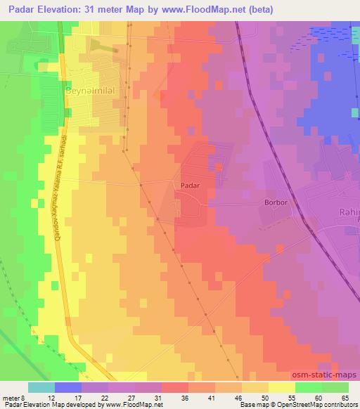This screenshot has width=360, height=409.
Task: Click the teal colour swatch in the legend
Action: tap(41, 387)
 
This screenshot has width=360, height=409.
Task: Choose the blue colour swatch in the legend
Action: tap(68, 387)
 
